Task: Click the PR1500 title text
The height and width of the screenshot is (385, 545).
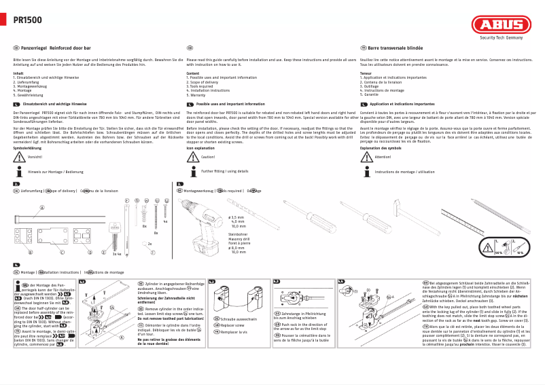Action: (27, 21)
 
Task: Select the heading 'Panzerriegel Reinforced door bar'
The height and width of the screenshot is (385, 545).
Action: (56, 49)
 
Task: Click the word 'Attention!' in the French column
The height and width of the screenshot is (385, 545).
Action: (383, 157)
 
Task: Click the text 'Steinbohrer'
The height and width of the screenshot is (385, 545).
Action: (237, 234)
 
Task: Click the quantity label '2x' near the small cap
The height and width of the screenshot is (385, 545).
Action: (150, 243)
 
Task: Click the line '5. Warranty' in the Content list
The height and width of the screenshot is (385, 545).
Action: (198, 95)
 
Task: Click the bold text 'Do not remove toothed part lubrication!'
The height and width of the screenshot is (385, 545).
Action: (169, 318)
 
